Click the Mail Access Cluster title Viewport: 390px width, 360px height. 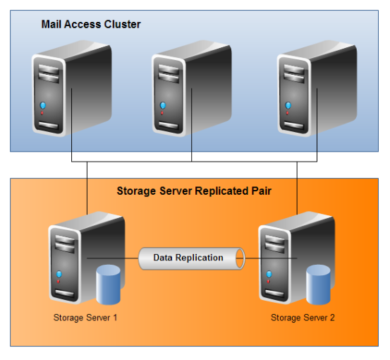coord(91,25)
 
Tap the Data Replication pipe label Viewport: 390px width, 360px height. coord(188,258)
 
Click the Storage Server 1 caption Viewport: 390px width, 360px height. coord(85,318)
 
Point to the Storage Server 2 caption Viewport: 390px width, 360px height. coord(303,318)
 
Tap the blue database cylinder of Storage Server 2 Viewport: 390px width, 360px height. coord(319,282)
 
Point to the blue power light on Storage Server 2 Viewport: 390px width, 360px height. coord(269,274)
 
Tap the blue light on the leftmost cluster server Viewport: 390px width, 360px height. coord(43,106)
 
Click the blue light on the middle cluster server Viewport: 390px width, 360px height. coord(163,106)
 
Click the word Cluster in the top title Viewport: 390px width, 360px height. coord(124,25)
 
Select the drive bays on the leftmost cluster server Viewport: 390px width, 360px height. coord(46,71)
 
